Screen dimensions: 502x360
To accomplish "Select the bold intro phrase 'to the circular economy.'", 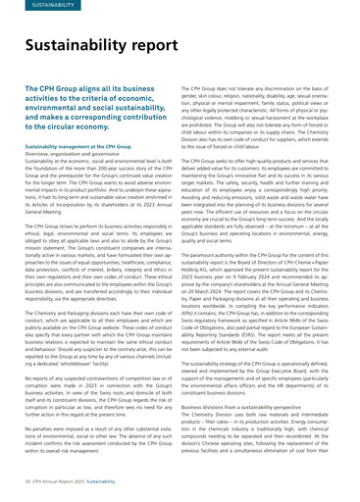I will click(77, 127).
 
